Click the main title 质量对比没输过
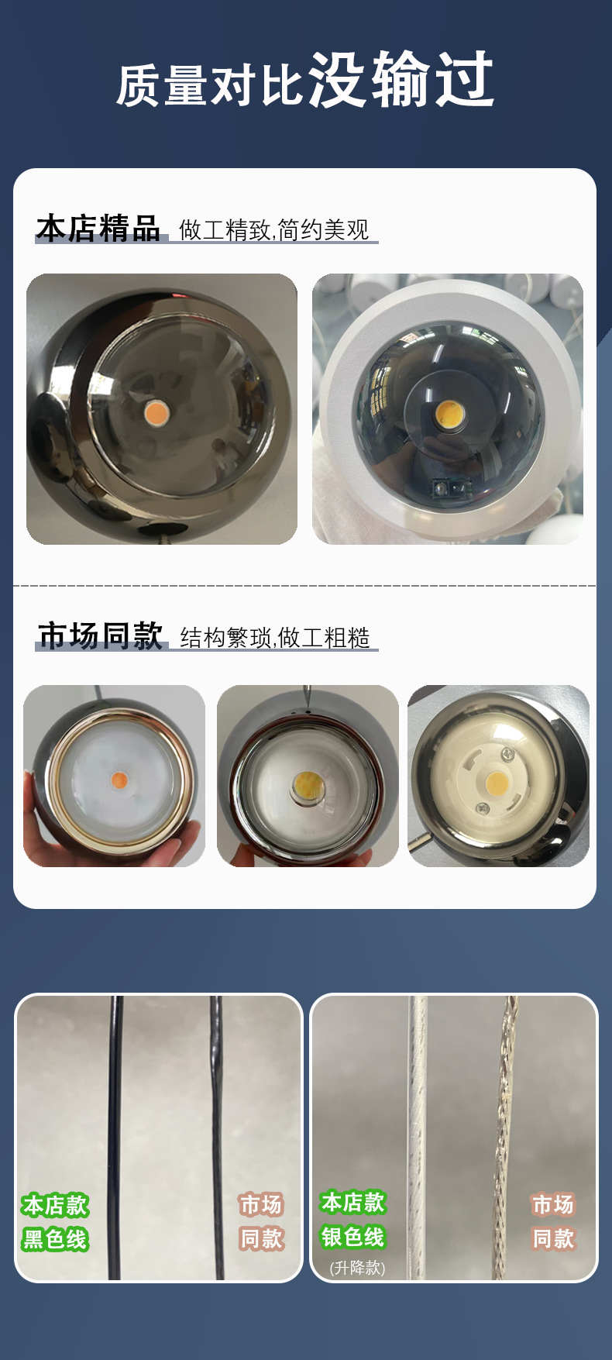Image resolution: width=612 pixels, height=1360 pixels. [x=305, y=80]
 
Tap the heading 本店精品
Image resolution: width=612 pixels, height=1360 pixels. [x=98, y=229]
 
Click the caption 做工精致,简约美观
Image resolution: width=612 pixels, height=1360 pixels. [x=274, y=230]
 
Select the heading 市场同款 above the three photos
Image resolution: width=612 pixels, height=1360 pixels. [x=101, y=635]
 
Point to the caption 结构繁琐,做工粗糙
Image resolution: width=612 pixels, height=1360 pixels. [x=275, y=638]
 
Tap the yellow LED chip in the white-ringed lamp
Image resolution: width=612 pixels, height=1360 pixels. [x=447, y=414]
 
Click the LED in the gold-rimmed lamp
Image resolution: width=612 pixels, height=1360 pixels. [x=119, y=779]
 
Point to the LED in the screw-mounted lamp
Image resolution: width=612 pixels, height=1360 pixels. [x=497, y=782]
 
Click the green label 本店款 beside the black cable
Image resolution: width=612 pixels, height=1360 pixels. [x=55, y=1206]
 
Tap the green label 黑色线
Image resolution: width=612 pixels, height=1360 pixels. [x=55, y=1239]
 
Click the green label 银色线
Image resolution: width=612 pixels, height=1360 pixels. [x=352, y=1237]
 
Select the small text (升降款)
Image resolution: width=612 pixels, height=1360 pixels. [x=357, y=1268]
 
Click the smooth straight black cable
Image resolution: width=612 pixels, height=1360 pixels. [x=115, y=1138]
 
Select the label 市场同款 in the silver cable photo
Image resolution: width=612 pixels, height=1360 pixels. [x=553, y=1222]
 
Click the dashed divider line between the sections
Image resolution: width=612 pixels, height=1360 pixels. [x=305, y=586]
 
